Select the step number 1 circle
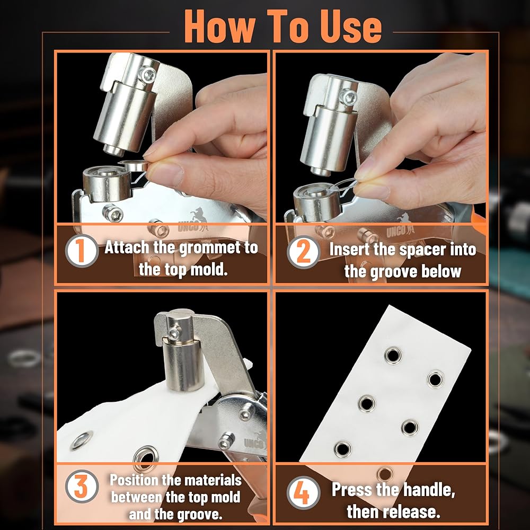[x=81, y=251]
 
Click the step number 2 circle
[x=303, y=252]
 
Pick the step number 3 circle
[x=81, y=486]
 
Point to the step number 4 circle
[x=303, y=492]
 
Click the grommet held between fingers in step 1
[x=133, y=165]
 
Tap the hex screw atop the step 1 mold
[x=147, y=75]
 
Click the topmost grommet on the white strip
[x=393, y=355]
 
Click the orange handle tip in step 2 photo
[x=478, y=220]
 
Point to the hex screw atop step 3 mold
[x=174, y=334]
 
